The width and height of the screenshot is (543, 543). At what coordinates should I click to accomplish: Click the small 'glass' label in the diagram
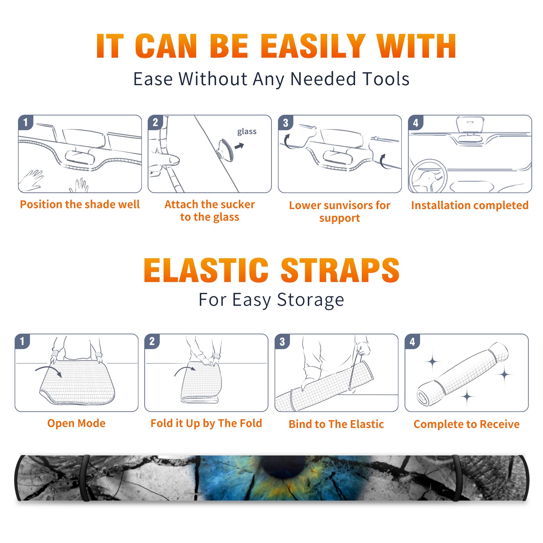(x=247, y=132)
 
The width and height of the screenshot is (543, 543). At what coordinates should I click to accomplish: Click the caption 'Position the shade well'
(x=80, y=204)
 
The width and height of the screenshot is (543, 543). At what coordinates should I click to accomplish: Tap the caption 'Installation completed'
(x=470, y=205)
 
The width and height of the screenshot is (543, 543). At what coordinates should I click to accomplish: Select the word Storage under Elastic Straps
(x=311, y=300)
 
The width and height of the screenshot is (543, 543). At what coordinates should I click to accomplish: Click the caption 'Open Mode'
(x=76, y=423)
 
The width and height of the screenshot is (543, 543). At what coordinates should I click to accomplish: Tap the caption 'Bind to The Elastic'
(x=336, y=424)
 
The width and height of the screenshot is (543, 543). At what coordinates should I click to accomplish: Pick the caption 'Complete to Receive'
(x=467, y=424)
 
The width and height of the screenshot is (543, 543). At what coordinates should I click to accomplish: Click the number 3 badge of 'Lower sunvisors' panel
(x=285, y=123)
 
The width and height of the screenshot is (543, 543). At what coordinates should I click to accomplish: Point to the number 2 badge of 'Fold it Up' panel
(x=152, y=341)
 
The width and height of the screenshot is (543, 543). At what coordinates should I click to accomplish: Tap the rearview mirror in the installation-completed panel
(x=470, y=125)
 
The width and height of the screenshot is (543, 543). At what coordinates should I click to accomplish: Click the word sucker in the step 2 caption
(x=237, y=204)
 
